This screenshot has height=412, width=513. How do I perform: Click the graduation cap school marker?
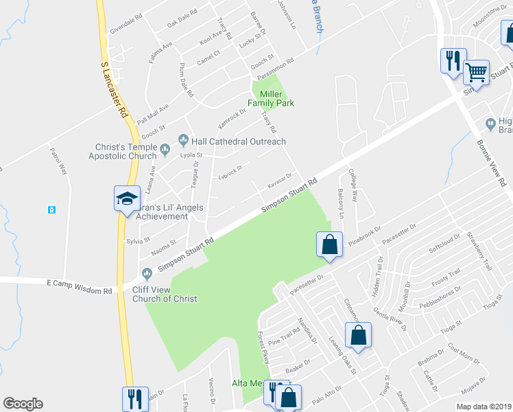[127, 199]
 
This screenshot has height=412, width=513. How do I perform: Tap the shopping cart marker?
[476, 71]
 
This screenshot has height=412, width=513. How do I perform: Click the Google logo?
[23, 404]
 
